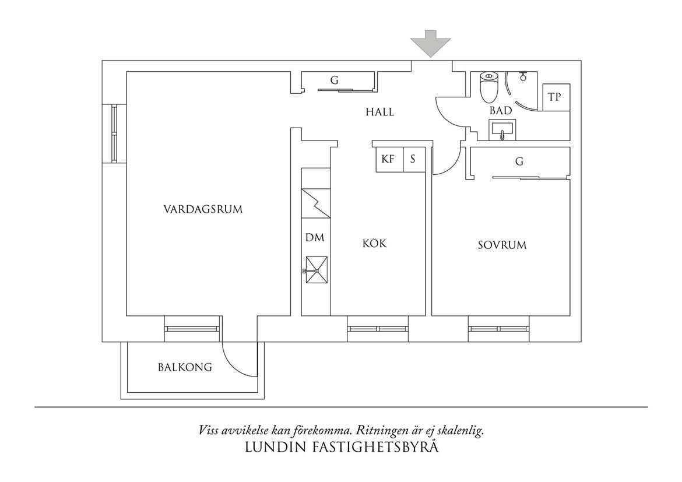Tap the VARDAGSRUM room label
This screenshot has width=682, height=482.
point(203,209)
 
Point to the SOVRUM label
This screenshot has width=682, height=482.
point(502,245)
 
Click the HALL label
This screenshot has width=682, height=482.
point(379,112)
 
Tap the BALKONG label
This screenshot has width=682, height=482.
point(185,367)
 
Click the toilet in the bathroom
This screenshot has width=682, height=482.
point(489,86)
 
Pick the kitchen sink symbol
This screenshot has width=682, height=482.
point(316,270)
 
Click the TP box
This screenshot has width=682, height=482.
point(556,97)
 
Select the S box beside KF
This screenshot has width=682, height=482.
point(414,159)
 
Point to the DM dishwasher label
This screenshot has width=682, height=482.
point(315,238)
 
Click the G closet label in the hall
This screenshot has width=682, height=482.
point(334,80)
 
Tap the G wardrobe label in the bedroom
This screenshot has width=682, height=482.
point(519,161)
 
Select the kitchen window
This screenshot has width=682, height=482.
point(378,329)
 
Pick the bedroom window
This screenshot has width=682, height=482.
point(499,329)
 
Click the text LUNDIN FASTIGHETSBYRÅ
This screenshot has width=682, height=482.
point(342,447)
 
